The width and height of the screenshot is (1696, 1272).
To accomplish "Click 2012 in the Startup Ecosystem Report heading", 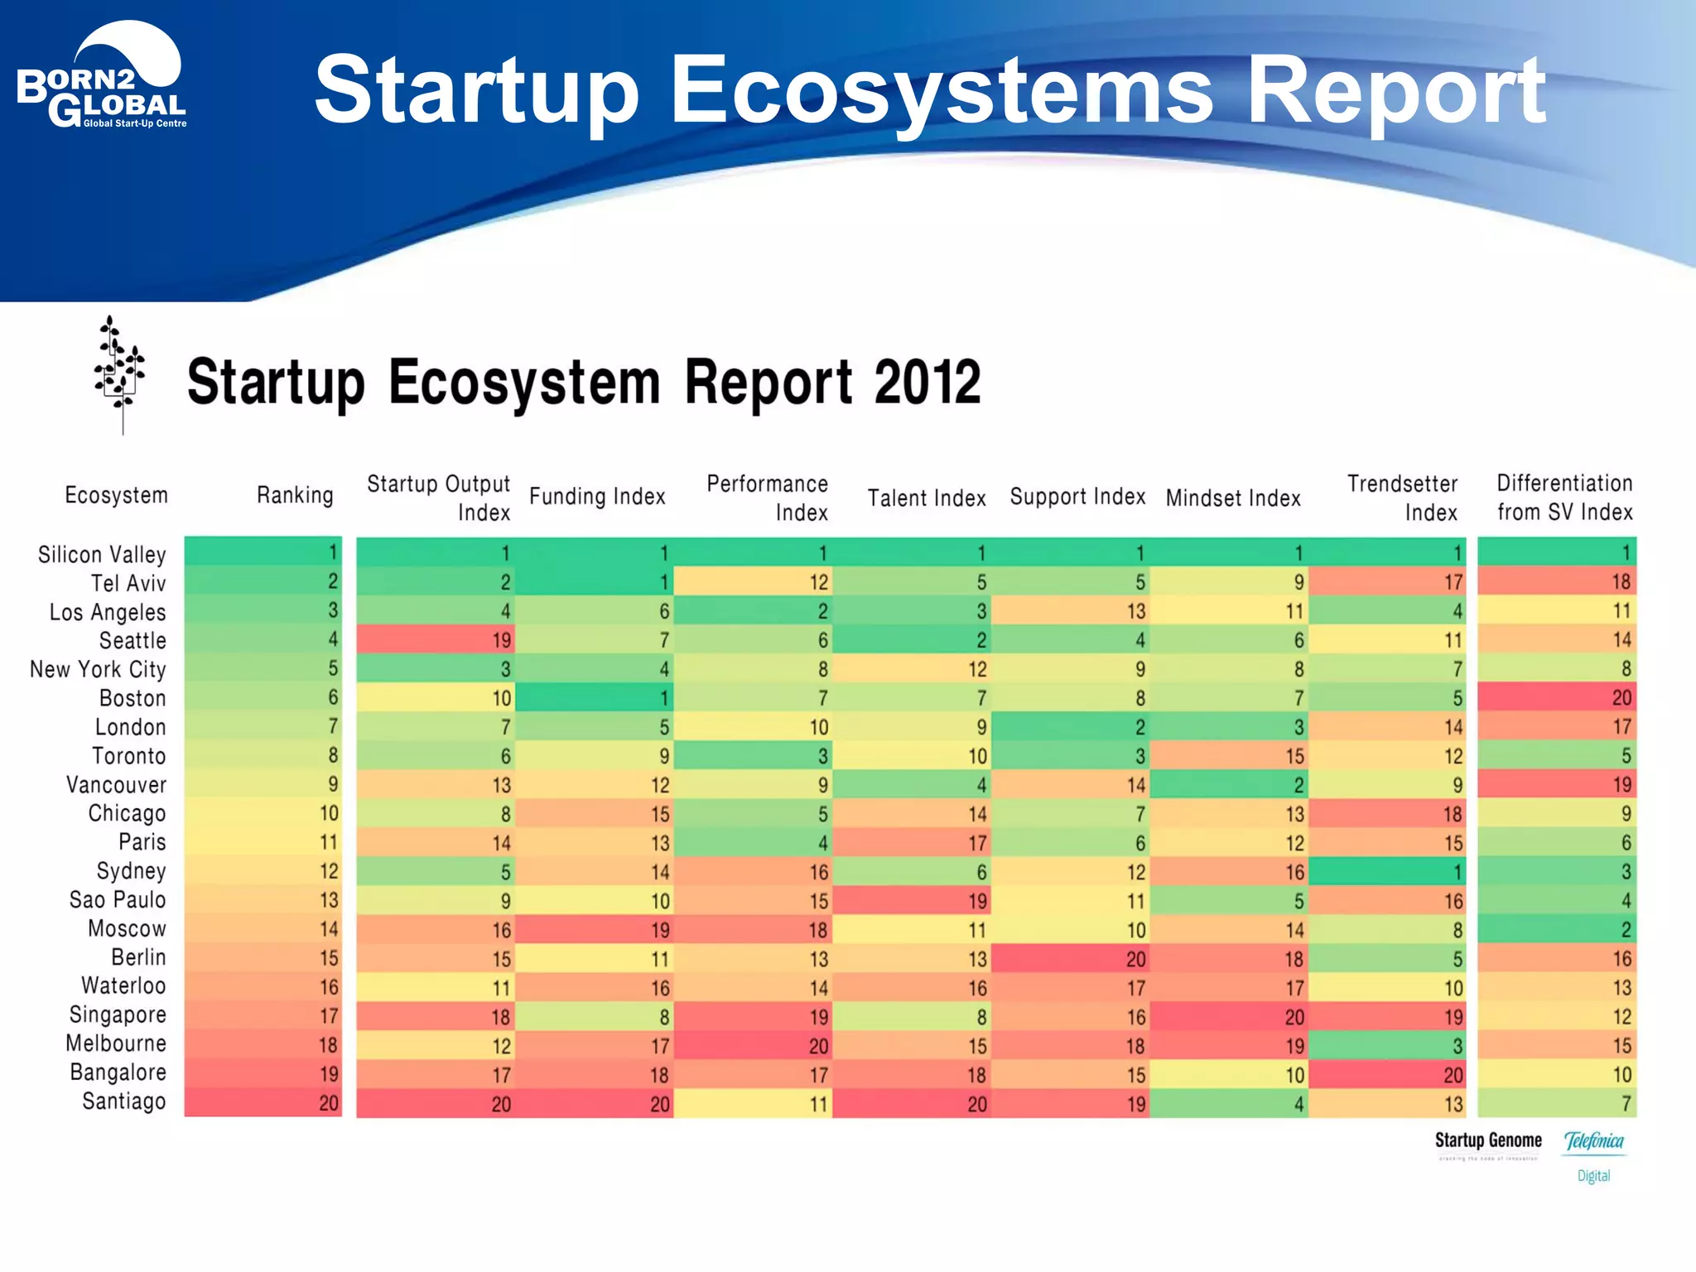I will pyautogui.click(x=927, y=383).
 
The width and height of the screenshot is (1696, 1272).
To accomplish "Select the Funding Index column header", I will pyautogui.click(x=597, y=496).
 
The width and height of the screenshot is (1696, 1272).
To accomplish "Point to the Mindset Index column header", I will pyautogui.click(x=1233, y=498).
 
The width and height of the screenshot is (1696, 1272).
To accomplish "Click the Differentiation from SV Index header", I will pyautogui.click(x=1564, y=497).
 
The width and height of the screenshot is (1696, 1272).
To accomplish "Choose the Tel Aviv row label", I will pyautogui.click(x=128, y=583).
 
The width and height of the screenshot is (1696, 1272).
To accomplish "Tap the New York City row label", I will pyautogui.click(x=98, y=669).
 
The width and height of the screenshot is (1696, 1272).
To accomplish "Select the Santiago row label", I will pyautogui.click(x=124, y=1101).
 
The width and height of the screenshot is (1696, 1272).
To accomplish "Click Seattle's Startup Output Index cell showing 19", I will pyautogui.click(x=436, y=639).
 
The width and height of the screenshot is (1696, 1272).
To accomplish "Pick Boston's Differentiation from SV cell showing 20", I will pyautogui.click(x=1557, y=697).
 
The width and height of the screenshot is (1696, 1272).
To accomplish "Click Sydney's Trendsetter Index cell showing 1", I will pyautogui.click(x=1388, y=871).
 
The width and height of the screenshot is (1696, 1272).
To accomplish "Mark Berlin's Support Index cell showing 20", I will pyautogui.click(x=1072, y=958).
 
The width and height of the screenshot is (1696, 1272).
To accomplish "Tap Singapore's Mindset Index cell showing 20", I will pyautogui.click(x=1230, y=1016).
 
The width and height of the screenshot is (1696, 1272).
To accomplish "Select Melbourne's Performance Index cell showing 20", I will pyautogui.click(x=754, y=1045).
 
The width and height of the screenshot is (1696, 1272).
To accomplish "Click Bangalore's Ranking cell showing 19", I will pyautogui.click(x=263, y=1074).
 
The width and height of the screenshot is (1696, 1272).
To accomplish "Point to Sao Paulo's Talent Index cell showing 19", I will pyautogui.click(x=912, y=900).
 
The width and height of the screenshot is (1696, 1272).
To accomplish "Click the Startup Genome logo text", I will pyautogui.click(x=1488, y=1140).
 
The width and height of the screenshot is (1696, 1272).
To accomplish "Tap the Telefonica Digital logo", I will pyautogui.click(x=1594, y=1154).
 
